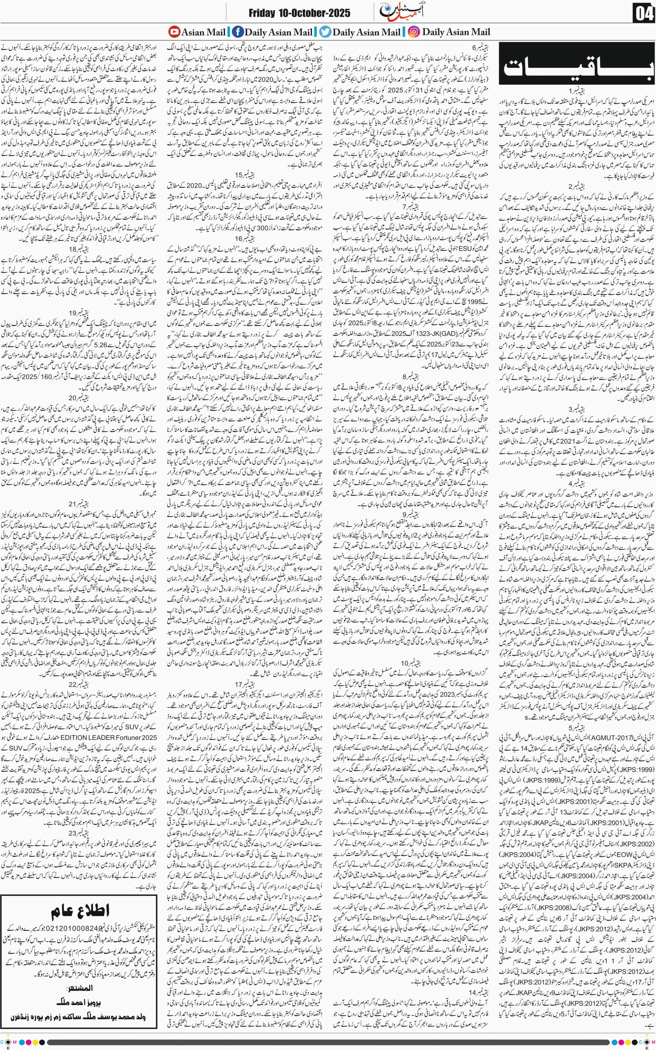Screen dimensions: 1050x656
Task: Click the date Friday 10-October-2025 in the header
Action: tap(299, 13)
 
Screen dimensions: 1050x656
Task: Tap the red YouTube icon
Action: tap(174, 32)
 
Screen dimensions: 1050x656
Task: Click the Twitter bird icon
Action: tap(325, 32)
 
